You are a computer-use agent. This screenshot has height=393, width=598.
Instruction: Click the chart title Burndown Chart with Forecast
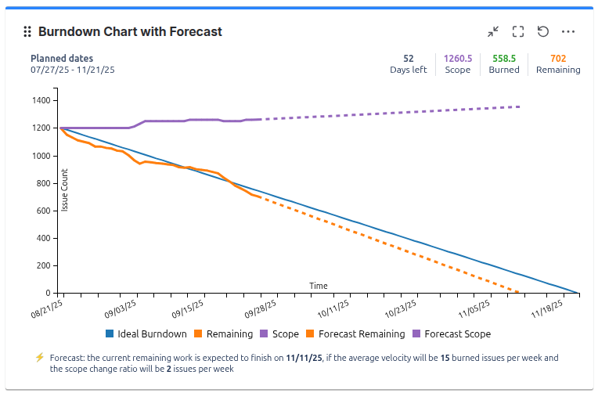130,32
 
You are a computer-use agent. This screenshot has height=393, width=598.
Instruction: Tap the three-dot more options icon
569,32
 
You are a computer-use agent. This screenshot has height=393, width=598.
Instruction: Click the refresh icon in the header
543,32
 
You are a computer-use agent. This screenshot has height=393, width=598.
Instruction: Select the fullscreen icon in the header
518,32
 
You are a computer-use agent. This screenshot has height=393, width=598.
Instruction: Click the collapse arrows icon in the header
493,32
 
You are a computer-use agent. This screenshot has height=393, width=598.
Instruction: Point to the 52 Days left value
409,59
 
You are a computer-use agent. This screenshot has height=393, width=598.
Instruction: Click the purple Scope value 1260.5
457,59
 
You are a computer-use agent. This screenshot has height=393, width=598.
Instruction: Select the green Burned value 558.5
504,59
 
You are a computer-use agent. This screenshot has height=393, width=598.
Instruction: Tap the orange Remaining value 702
558,59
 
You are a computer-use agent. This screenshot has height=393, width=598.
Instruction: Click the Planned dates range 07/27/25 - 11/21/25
73,70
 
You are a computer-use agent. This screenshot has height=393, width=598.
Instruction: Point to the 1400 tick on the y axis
41,101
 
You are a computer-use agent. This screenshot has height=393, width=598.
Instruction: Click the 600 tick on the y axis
44,211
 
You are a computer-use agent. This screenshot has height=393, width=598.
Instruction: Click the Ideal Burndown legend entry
146,334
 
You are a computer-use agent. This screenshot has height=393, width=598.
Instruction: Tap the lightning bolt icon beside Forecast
39,358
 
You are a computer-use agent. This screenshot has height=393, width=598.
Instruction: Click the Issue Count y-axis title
65,190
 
